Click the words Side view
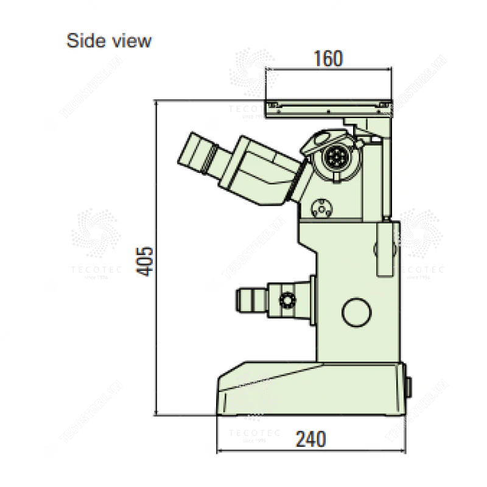(x=109, y=41)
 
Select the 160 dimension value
(x=328, y=58)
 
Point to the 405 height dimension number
(x=144, y=261)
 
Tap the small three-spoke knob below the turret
(x=320, y=209)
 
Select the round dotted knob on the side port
(x=287, y=299)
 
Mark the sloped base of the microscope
(x=310, y=390)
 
